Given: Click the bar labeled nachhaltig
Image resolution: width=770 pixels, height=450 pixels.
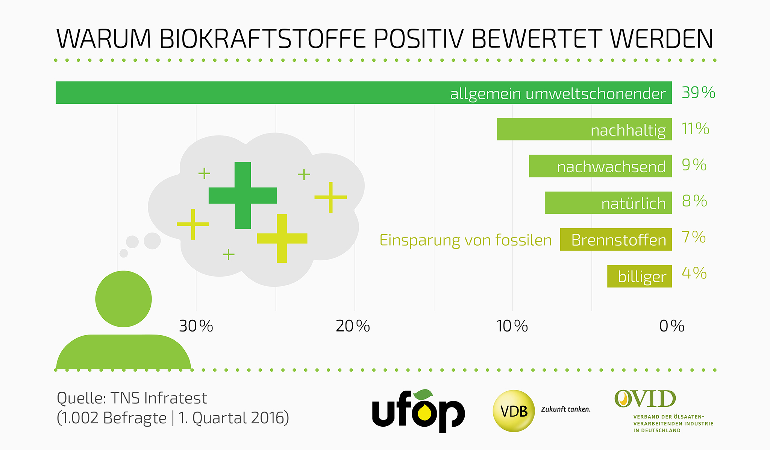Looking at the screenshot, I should (x=584, y=129).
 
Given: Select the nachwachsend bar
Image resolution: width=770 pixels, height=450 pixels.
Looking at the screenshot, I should (x=600, y=166).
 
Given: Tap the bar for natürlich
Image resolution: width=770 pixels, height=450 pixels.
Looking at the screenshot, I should (x=608, y=203).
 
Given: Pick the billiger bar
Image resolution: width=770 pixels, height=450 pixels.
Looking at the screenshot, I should (x=639, y=277).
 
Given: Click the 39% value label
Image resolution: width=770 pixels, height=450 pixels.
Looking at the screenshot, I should (x=698, y=93).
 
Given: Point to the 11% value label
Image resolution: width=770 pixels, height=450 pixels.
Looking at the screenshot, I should (x=695, y=129).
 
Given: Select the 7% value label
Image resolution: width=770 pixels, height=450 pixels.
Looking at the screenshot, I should (x=694, y=237).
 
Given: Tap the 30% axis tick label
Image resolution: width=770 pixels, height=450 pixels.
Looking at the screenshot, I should (x=196, y=326).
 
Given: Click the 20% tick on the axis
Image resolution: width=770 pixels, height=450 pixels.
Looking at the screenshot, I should (x=353, y=326).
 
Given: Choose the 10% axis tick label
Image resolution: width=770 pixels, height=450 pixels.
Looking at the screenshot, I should (x=512, y=326).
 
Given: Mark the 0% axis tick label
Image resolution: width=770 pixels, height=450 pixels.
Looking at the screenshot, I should (x=671, y=326).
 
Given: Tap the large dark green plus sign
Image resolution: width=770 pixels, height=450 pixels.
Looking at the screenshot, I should (x=243, y=196).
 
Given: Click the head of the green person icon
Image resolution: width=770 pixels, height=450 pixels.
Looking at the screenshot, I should (x=123, y=299).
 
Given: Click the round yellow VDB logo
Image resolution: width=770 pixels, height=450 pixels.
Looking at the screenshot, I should (x=514, y=411).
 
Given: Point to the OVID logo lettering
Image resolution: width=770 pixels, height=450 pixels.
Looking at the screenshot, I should (x=645, y=399).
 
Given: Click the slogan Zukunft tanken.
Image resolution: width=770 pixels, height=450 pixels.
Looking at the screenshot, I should (x=565, y=409).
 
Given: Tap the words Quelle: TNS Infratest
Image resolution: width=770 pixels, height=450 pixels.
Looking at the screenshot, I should (x=132, y=398).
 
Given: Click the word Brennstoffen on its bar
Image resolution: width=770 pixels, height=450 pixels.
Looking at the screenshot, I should (x=618, y=240).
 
